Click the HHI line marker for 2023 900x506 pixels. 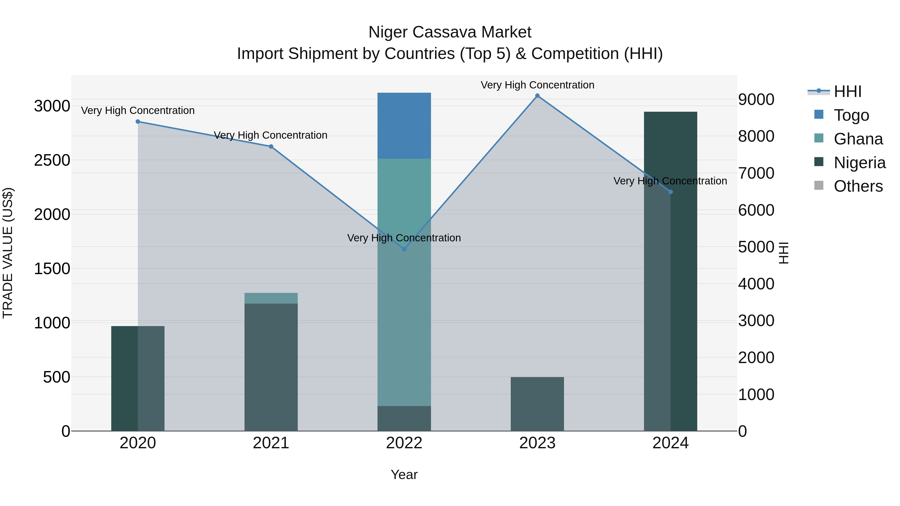537,96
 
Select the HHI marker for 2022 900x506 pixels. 404,249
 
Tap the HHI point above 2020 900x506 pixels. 138,121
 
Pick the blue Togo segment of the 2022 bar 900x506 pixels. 404,126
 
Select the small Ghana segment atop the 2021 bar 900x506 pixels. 271,298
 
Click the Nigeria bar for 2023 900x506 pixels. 537,404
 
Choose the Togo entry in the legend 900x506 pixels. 851,115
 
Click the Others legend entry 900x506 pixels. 858,186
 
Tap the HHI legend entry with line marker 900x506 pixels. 847,91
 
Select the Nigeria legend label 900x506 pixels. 859,163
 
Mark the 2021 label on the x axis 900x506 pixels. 271,443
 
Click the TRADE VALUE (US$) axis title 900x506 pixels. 8,253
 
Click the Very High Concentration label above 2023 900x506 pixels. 537,85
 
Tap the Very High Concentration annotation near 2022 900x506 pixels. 404,238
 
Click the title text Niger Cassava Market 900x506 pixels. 450,32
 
